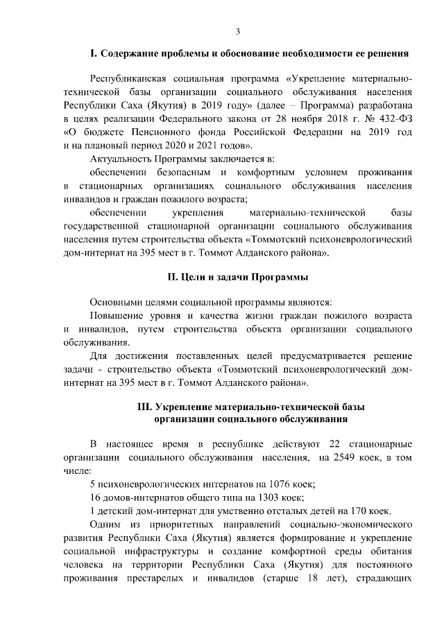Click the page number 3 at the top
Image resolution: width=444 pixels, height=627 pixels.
[238, 31]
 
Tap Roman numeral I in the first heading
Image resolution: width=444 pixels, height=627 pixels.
[92, 53]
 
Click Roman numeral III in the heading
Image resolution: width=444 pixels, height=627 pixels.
[146, 406]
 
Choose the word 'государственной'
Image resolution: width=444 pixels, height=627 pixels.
[103, 226]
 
